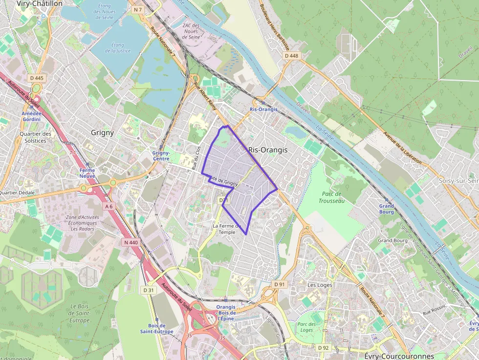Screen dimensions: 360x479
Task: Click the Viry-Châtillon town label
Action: pos(40,3)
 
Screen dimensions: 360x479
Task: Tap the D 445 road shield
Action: pos(37,78)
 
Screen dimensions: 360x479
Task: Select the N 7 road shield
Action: pos(138,10)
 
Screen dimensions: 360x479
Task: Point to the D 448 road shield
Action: pos(291,56)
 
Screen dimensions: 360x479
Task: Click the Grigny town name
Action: pos(102,132)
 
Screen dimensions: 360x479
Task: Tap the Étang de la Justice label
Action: pos(117,47)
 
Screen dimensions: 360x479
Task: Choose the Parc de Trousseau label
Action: pos(331,197)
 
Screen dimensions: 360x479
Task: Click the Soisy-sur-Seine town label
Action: pos(458,181)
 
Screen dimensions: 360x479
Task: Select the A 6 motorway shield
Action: pos(109,206)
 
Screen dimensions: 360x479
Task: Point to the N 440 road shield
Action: pos(131,242)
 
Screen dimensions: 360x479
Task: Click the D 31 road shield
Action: pos(149,290)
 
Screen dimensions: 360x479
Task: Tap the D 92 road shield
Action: pos(324,347)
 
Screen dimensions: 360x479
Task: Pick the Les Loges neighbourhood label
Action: pos(320,285)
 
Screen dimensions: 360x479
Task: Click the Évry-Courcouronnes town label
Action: pos(399,356)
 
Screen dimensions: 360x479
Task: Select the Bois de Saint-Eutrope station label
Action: pos(156,329)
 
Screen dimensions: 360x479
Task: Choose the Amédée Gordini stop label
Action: pos(31,116)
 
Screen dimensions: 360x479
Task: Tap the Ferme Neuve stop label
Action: pos(87,173)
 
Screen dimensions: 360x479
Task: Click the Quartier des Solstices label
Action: pos(35,137)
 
